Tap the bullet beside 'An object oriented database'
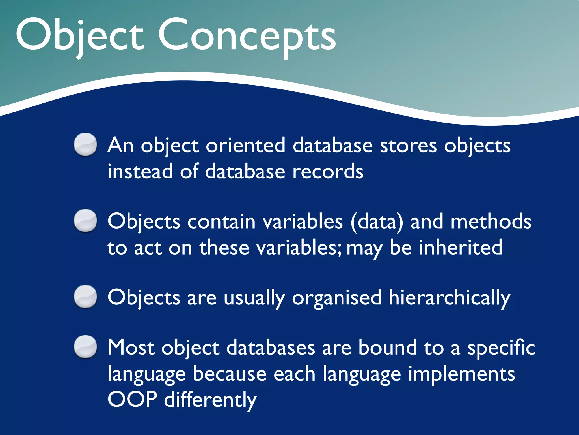coord(85,144)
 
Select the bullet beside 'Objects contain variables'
coord(85,221)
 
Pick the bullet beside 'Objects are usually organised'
coord(85,297)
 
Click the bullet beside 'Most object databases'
coord(85,347)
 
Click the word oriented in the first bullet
coord(245,145)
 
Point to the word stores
coord(408,145)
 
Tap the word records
coord(328,172)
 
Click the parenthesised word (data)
coord(377,221)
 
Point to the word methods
coord(491,221)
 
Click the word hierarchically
coord(449,298)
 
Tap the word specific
coord(501,348)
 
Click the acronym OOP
coord(132,399)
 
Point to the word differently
coord(210,400)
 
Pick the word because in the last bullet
coord(230,374)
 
